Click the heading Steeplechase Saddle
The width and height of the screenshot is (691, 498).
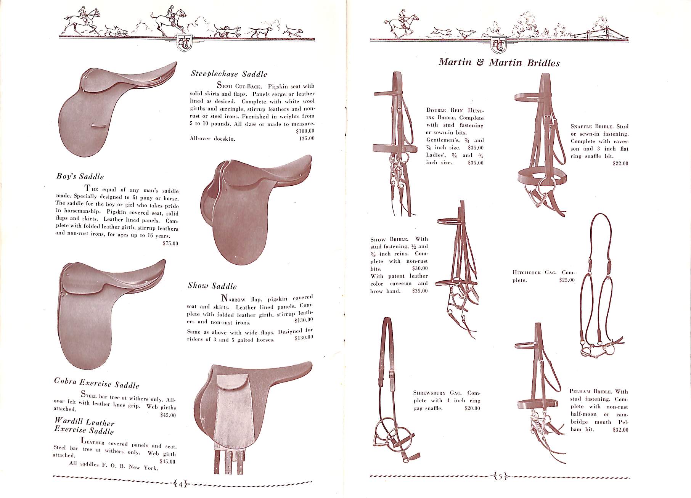tap(229, 74)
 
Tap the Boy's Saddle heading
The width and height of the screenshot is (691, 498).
tap(80, 176)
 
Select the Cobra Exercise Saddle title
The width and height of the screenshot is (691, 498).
tap(96, 383)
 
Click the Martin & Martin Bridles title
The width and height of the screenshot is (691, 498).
tap(499, 63)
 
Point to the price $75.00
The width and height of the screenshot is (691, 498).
tap(170, 244)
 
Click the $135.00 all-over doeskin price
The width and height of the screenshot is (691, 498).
tap(307, 138)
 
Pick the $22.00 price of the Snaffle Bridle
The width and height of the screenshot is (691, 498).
tap(620, 164)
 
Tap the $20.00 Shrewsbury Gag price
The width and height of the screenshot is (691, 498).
tap(472, 408)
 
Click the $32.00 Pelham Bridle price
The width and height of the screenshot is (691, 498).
tap(620, 430)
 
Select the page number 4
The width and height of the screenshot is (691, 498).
tap(181, 485)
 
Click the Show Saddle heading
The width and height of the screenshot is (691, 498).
tap(212, 286)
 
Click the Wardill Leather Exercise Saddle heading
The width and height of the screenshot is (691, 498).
tap(84, 426)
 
